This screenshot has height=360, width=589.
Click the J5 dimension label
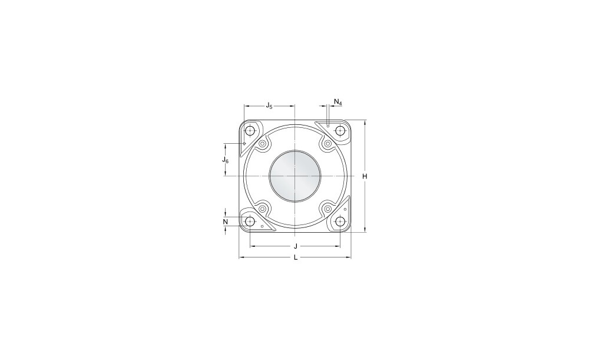click(269, 105)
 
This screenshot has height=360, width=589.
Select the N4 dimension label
click(338, 102)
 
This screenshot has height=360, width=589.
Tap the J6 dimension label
click(225, 160)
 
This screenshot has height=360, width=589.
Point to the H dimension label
click(365, 176)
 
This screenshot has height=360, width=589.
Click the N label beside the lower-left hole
click(226, 222)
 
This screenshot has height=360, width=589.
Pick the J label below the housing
click(296, 246)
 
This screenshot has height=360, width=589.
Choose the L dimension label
click(296, 257)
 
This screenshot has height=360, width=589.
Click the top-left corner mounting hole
click(250, 131)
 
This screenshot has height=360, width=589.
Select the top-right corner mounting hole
click(340, 131)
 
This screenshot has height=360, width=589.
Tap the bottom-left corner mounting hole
click(250, 222)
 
